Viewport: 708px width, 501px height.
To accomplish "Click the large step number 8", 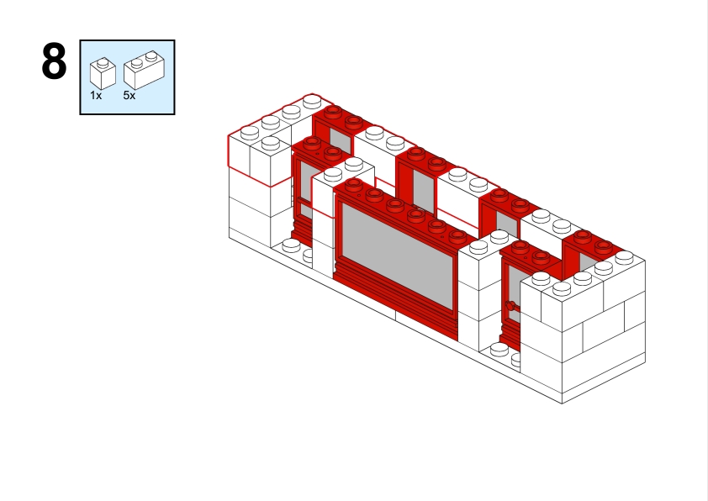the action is click(x=54, y=61).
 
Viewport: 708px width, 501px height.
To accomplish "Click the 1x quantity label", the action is click(x=96, y=96).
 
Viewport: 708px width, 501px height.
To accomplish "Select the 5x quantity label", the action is click(x=129, y=96).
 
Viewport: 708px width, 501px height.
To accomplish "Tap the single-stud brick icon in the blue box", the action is click(x=103, y=74).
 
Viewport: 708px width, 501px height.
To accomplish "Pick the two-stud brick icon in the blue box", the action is click(x=144, y=70).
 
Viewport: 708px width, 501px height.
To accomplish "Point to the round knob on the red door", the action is click(x=510, y=306).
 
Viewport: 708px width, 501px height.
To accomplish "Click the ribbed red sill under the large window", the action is click(x=395, y=298).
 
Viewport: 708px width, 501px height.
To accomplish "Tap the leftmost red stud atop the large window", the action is click(x=353, y=184).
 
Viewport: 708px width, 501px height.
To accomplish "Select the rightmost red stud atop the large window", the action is click(x=457, y=236).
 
